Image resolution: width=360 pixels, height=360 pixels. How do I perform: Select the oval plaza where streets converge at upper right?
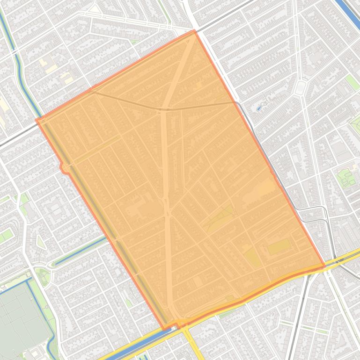pyautogui.click(x=300, y=87)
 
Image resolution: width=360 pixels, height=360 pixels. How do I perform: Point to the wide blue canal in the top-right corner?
pyautogui.click(x=349, y=9)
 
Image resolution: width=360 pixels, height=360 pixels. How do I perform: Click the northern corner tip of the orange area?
pyautogui.click(x=194, y=31)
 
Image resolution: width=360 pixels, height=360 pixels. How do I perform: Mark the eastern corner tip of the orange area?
pyautogui.click(x=324, y=266)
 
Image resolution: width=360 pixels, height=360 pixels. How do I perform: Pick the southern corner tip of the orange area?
pyautogui.click(x=165, y=328)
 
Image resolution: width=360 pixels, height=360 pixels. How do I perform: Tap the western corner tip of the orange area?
pyautogui.click(x=37, y=120)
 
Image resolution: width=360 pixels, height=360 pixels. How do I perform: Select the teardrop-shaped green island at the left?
pyautogui.click(x=40, y=242)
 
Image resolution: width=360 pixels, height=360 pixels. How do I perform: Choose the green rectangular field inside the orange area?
pyautogui.click(x=279, y=246)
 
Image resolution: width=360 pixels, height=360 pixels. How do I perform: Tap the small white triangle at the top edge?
pyautogui.click(x=96, y=8)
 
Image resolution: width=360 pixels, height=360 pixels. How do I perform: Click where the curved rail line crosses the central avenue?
pyautogui.click(x=166, y=109)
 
